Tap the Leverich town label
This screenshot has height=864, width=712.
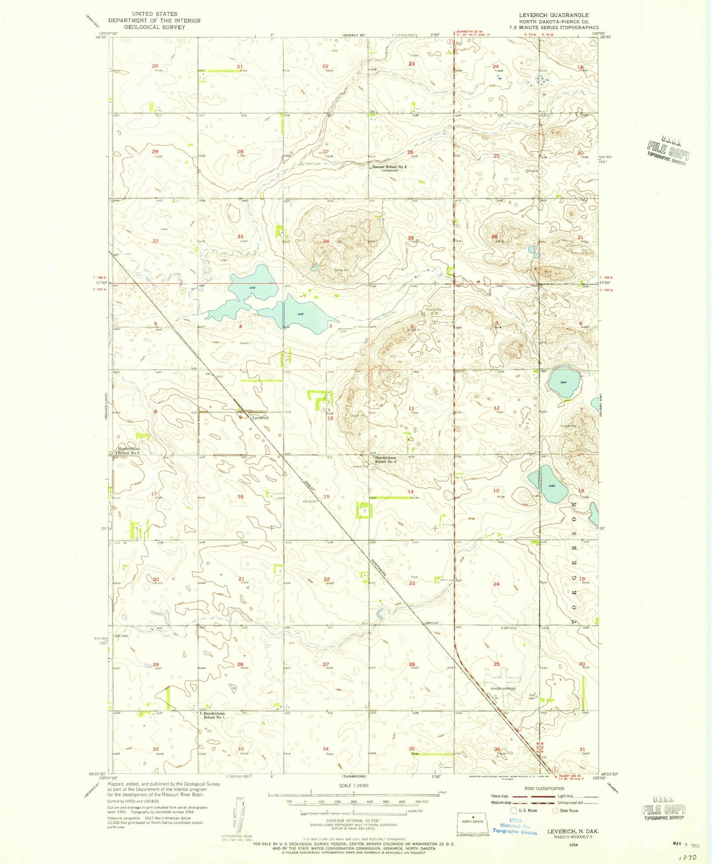coord(260,417)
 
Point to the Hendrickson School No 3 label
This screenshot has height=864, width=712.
coord(128,450)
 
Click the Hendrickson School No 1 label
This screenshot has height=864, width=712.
coord(214,715)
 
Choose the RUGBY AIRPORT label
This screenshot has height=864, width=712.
coord(503,689)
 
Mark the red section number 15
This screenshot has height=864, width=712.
coord(326,497)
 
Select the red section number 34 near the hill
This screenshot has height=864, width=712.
coord(326,242)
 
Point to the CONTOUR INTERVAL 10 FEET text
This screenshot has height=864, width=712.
coord(353,820)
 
